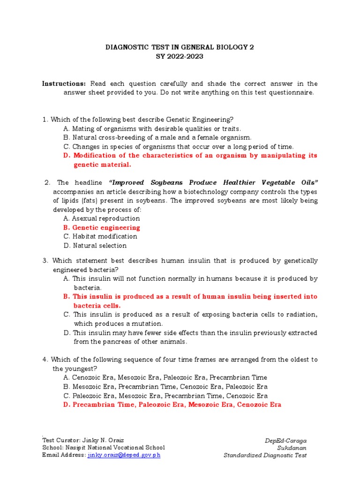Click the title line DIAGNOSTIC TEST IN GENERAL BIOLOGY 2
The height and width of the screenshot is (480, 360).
pyautogui.click(x=180, y=47)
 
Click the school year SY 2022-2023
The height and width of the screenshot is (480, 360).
pyautogui.click(x=180, y=56)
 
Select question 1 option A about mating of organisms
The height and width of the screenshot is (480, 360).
pyautogui.click(x=152, y=128)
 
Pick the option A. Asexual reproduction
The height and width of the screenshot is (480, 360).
pyautogui.click(x=101, y=218)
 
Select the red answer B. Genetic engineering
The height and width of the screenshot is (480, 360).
pyautogui.click(x=101, y=227)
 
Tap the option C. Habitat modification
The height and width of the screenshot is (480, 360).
pyautogui.click(x=100, y=236)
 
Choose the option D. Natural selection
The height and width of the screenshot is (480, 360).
pyautogui.click(x=95, y=245)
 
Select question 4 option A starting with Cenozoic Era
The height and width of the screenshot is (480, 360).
pyautogui.click(x=165, y=377)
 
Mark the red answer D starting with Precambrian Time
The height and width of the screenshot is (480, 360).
pyautogui.click(x=172, y=405)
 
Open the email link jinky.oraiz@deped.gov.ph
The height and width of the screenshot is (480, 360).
pyautogui.click(x=124, y=455)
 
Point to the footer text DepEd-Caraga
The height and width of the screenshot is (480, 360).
pyautogui.click(x=285, y=441)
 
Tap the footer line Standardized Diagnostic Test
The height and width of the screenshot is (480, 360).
pyautogui.click(x=265, y=455)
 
